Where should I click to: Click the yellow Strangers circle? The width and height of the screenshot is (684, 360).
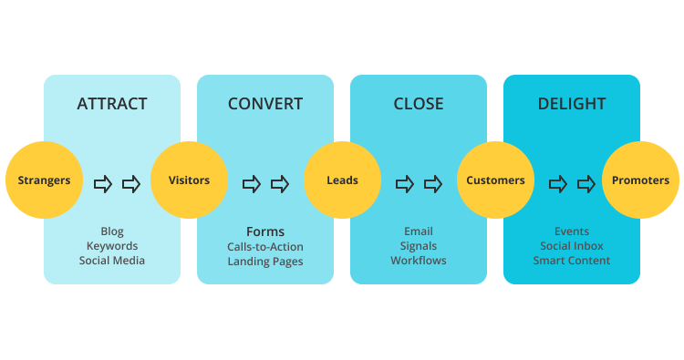pyautogui.click(x=44, y=180)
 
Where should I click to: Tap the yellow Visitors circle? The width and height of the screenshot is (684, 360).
pyautogui.click(x=189, y=180)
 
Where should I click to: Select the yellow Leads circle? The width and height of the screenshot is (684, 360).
pyautogui.click(x=342, y=180)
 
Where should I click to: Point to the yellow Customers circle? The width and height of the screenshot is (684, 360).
pyautogui.click(x=495, y=180)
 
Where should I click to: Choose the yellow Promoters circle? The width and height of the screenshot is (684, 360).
pyautogui.click(x=640, y=180)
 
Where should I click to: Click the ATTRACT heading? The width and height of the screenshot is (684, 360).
pyautogui.click(x=112, y=104)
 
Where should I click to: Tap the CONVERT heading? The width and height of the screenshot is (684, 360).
pyautogui.click(x=265, y=104)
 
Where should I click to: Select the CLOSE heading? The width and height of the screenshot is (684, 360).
pyautogui.click(x=419, y=104)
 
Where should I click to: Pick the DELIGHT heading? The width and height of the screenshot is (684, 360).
pyautogui.click(x=572, y=104)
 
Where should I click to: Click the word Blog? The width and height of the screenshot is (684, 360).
pyautogui.click(x=112, y=231)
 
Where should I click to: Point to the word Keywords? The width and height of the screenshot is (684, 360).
pyautogui.click(x=112, y=246)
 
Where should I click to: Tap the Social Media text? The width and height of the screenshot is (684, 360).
pyautogui.click(x=112, y=261)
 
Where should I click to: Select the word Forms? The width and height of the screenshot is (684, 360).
pyautogui.click(x=265, y=231)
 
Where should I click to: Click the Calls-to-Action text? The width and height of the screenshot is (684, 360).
pyautogui.click(x=265, y=247)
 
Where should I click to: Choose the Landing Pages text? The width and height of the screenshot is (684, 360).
pyautogui.click(x=265, y=262)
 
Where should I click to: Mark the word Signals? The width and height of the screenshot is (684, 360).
pyautogui.click(x=419, y=246)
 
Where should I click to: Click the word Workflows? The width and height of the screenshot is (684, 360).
pyautogui.click(x=419, y=261)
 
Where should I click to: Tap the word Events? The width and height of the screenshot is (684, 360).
pyautogui.click(x=572, y=231)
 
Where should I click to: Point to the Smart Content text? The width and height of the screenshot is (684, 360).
pyautogui.click(x=572, y=261)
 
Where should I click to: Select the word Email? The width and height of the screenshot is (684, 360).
pyautogui.click(x=419, y=231)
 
